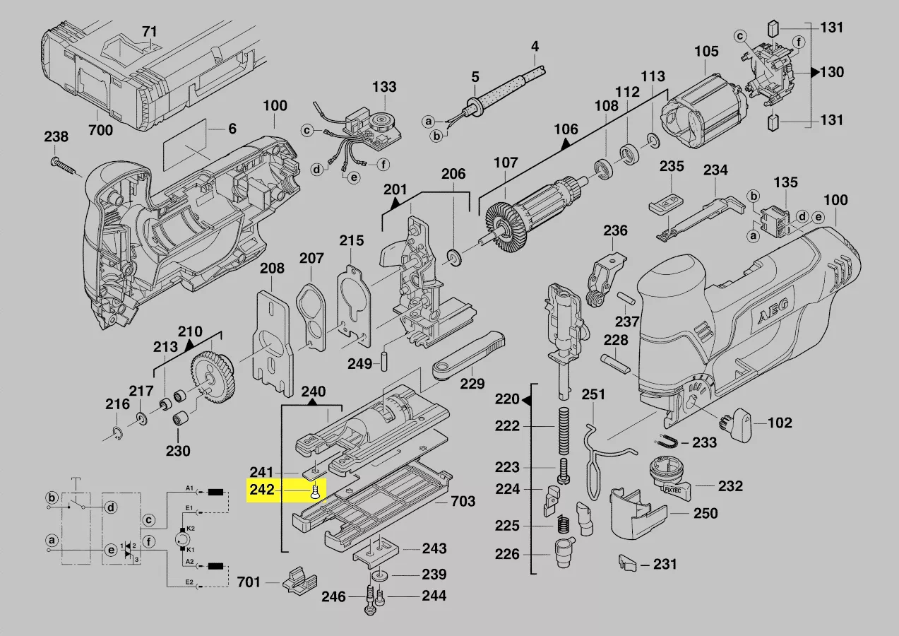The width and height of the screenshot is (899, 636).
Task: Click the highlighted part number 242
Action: [x=262, y=490]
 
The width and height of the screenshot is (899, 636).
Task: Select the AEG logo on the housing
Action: [x=772, y=311]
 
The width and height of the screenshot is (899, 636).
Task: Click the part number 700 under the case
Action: [x=101, y=130]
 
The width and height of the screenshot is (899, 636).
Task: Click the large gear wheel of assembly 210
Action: [x=213, y=377]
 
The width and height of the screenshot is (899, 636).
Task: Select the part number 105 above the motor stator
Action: [x=706, y=52]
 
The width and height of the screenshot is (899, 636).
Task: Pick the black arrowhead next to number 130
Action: [x=814, y=72]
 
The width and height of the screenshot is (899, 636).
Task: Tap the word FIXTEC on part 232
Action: [x=674, y=490]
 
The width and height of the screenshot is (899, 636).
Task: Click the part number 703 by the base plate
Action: [x=463, y=501]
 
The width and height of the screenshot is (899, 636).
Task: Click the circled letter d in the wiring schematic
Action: [x=110, y=507]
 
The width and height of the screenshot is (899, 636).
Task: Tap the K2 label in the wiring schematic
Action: [x=191, y=529]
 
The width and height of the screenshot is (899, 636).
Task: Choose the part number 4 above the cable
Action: [x=535, y=47]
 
